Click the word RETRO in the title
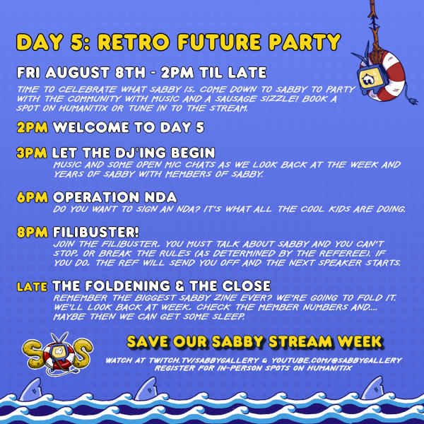coord(134,42)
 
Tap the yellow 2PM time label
coord(33,127)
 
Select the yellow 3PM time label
coord(32,153)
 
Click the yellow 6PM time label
coord(33,197)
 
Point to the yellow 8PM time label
coord(33,232)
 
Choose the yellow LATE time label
coord(33,287)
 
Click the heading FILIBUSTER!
coord(96,232)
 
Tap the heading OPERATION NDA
coord(115,197)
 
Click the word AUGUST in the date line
coord(77,73)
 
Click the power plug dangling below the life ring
coord(412,100)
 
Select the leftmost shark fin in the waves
coord(30,389)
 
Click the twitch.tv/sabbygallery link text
coord(204,360)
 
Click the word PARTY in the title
coord(305,42)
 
